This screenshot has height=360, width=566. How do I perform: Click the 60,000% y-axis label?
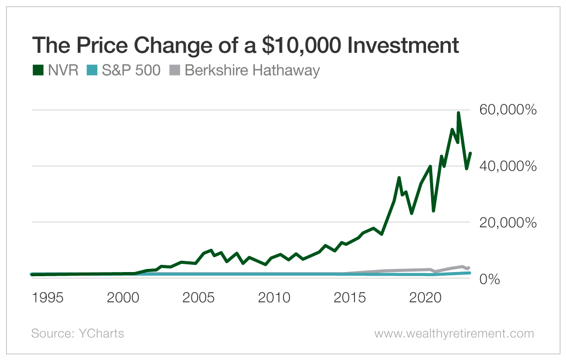(507, 110)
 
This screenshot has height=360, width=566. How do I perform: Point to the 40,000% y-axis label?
(507, 166)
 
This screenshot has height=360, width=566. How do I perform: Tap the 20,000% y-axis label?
(507, 223)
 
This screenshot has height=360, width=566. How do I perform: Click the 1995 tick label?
(47, 298)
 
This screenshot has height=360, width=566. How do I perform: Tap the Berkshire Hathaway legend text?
(252, 70)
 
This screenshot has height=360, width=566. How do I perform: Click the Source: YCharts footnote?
(78, 333)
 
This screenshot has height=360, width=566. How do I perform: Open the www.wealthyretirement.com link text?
(454, 333)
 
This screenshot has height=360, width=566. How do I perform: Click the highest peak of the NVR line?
(458, 112)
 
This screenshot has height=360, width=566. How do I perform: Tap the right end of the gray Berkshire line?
(469, 267)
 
